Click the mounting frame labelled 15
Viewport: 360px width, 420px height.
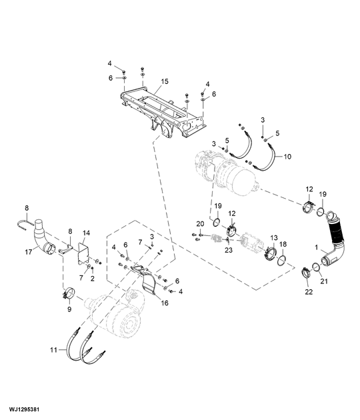pos(160,110)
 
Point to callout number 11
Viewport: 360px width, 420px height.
pos(53,349)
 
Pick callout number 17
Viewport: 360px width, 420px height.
pos(27,252)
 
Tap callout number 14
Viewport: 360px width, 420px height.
pos(86,233)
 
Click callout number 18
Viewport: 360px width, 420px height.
pos(283,245)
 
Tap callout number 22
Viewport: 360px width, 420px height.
pos(308,292)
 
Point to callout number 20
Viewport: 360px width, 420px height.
pos(199,223)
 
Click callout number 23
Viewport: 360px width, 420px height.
pos(228,251)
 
